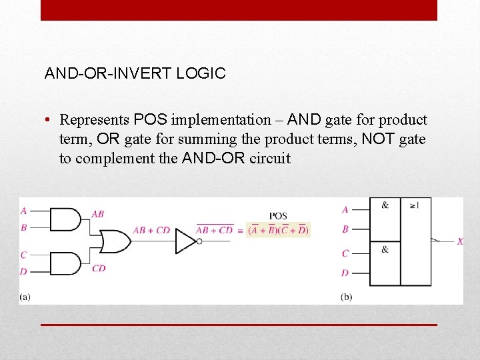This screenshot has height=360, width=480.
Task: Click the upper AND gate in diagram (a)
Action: click(x=65, y=219)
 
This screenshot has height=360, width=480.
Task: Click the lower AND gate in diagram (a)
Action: click(x=65, y=263)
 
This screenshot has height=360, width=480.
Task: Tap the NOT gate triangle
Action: click(x=185, y=241)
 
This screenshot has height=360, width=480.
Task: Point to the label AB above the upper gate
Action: click(x=97, y=214)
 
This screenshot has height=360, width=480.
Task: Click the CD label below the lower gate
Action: click(x=99, y=268)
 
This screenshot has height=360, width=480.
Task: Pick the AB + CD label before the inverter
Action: click(x=151, y=230)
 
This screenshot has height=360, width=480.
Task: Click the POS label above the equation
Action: click(x=278, y=216)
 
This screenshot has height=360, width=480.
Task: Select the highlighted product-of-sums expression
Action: click(x=278, y=230)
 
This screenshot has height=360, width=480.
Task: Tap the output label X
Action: click(x=460, y=241)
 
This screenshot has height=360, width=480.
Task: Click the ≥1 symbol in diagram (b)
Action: click(x=415, y=205)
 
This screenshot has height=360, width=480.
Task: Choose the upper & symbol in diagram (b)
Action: click(x=385, y=205)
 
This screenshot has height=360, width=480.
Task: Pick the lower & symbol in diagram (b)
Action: click(x=385, y=249)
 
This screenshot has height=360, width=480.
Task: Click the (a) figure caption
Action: click(x=25, y=296)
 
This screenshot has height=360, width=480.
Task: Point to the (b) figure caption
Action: click(x=346, y=296)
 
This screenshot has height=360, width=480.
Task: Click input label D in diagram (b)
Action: click(x=345, y=273)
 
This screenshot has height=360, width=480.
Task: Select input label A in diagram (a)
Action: click(x=24, y=211)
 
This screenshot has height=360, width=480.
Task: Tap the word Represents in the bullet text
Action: click(x=94, y=120)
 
